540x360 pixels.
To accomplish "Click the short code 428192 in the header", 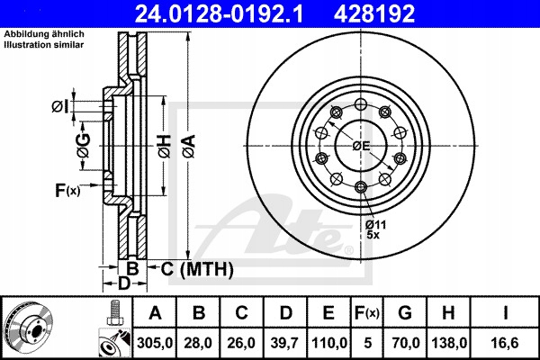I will [x=389, y=13].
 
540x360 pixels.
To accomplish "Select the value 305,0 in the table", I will [x=155, y=342].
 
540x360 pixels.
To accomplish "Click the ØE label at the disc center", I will [x=362, y=145].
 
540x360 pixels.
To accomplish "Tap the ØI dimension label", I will [x=58, y=107].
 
